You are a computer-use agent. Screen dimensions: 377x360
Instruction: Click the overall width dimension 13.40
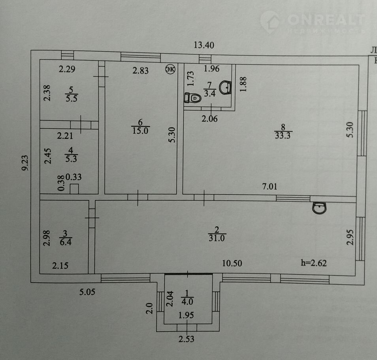pos(204,45)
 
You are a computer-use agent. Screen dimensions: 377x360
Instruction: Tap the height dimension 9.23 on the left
pos(25,163)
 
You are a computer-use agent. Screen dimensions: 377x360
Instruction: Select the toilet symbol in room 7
pos(192,98)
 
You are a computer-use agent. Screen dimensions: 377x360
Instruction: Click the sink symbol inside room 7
pos(226,87)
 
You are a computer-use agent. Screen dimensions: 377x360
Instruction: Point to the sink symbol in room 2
pos(319,208)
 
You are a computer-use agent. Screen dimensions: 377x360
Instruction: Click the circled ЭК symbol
pos(170,69)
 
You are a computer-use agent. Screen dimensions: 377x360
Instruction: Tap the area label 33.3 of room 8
pos(283,135)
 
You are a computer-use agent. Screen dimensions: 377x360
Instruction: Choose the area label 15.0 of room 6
pos(140,131)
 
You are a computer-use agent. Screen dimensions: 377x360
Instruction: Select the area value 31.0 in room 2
pos(217,238)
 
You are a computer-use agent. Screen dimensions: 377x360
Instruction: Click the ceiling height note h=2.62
pos(314,263)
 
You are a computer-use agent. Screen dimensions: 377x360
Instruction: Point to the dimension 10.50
pos(232,263)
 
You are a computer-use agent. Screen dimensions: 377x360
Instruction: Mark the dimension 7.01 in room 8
pos(270,186)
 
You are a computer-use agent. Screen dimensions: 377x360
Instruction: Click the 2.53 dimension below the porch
pos(187,339)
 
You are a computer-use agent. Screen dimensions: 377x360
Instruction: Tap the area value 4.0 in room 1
pos(187,301)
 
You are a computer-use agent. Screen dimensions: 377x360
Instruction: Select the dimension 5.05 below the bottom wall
pos(87,292)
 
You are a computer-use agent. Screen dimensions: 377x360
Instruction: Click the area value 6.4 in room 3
pos(65,242)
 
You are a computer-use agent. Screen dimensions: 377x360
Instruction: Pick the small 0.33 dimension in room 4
pos(74,177)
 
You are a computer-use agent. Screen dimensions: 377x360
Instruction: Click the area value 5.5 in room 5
pos(72,99)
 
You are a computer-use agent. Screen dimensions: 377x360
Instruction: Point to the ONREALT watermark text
pos(326,19)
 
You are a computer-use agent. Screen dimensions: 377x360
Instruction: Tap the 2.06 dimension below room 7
pos(209,119)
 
